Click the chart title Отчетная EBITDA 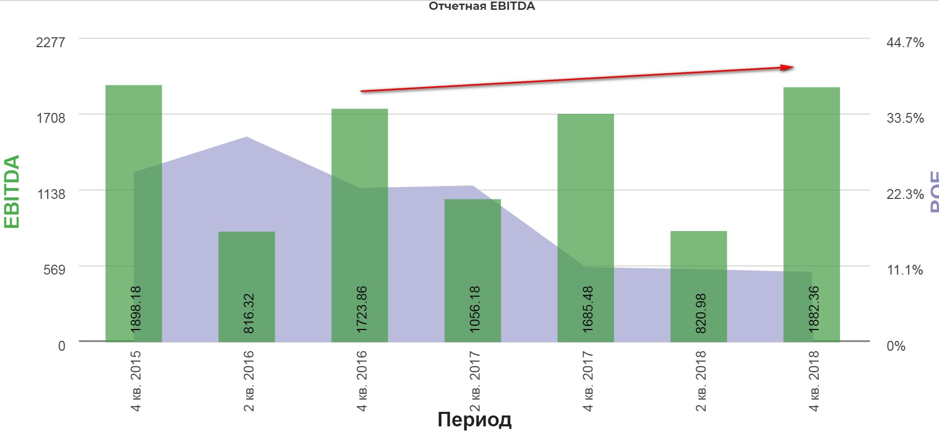[482, 7]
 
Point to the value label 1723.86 [362, 309]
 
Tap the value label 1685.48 [588, 309]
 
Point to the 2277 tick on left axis [50, 42]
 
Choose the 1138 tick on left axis [51, 194]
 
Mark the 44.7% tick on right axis [905, 42]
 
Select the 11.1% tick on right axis [905, 270]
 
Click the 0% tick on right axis [895, 346]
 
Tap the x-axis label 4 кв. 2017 [588, 381]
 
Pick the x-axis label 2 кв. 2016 [249, 381]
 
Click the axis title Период [474, 419]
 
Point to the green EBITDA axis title [12, 191]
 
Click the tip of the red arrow [793, 67]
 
